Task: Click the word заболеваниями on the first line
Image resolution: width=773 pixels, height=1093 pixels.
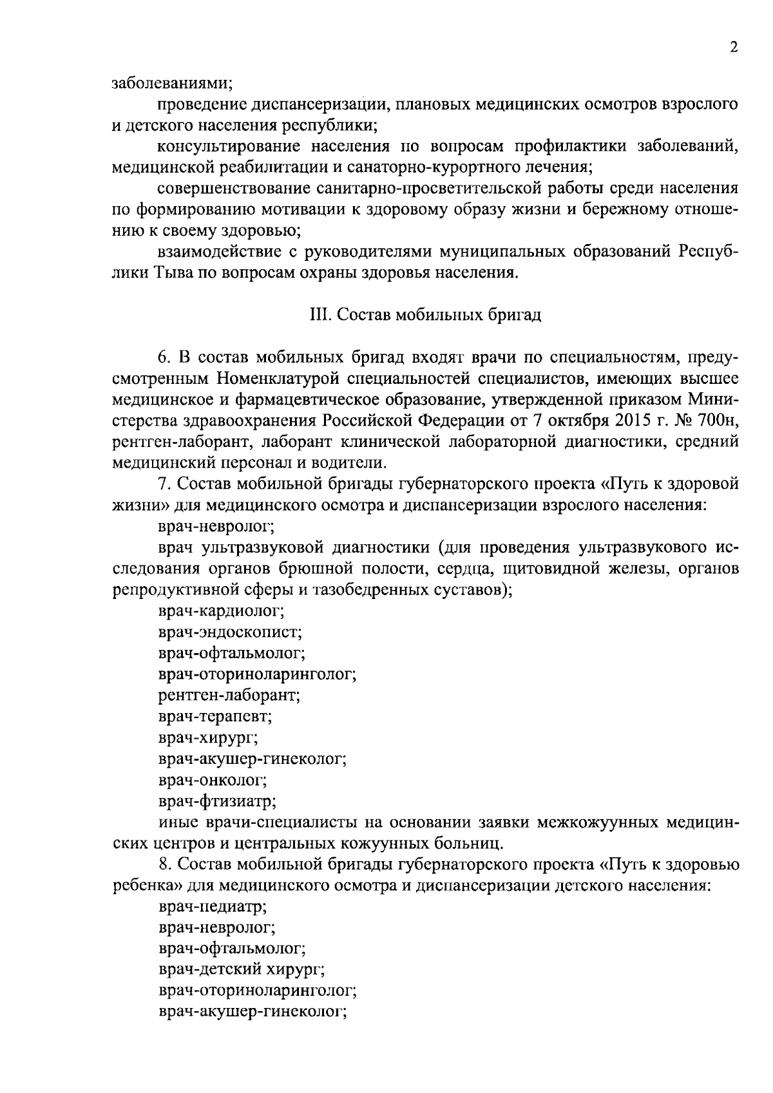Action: click(172, 82)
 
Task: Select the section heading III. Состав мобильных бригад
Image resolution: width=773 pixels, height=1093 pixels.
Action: click(422, 315)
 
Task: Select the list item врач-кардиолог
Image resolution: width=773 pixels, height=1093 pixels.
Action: click(221, 609)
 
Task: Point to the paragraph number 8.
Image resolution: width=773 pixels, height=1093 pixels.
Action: click(164, 864)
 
